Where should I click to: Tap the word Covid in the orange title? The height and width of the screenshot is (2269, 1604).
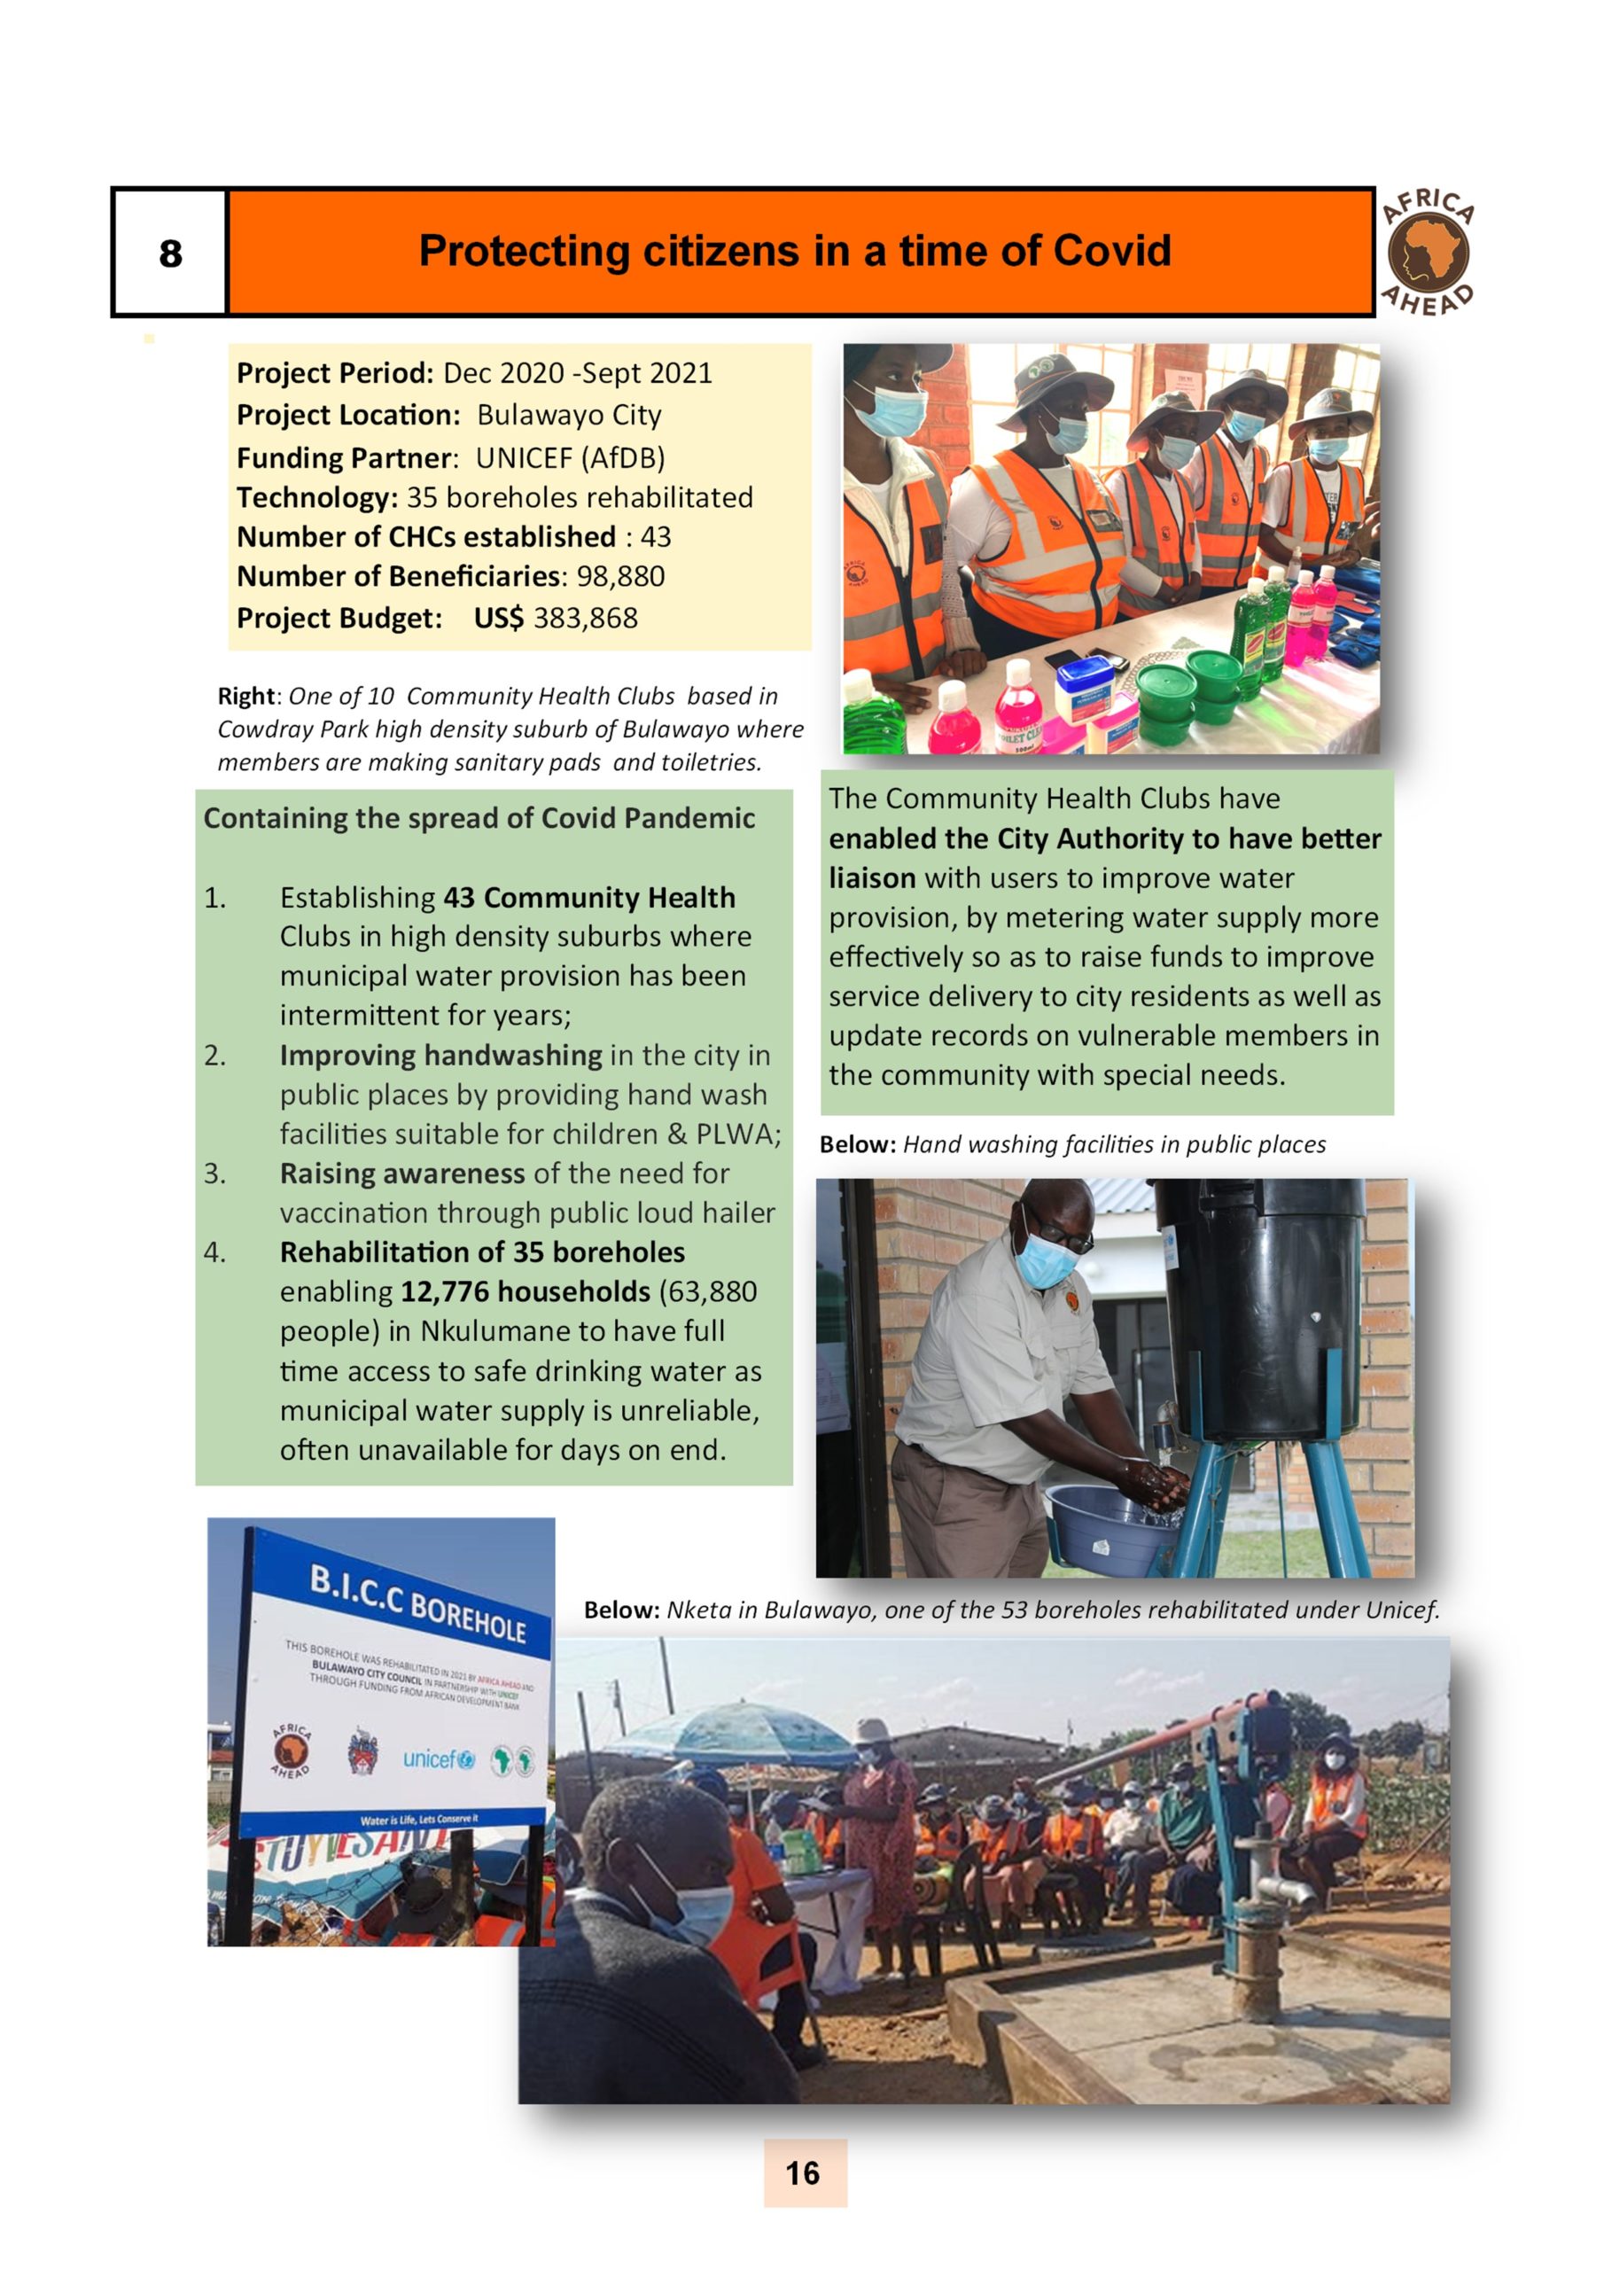pos(1111,251)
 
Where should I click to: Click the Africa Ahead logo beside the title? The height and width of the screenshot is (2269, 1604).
pos(1428,253)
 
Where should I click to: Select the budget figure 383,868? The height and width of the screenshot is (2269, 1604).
pos(585,618)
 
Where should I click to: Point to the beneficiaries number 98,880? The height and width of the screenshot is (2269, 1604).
pos(618,576)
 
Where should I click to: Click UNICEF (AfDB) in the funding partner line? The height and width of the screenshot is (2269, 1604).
pos(569,457)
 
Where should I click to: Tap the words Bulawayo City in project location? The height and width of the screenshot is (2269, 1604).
pos(568,415)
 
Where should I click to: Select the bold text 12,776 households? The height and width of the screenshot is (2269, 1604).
pos(525,1291)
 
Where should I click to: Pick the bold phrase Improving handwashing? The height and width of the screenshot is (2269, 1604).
pos(440,1056)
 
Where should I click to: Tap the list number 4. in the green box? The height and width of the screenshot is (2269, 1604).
pos(214,1252)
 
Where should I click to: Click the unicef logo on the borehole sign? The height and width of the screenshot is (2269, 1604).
pos(438,1759)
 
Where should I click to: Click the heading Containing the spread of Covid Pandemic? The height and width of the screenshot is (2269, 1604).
pos(479,818)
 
